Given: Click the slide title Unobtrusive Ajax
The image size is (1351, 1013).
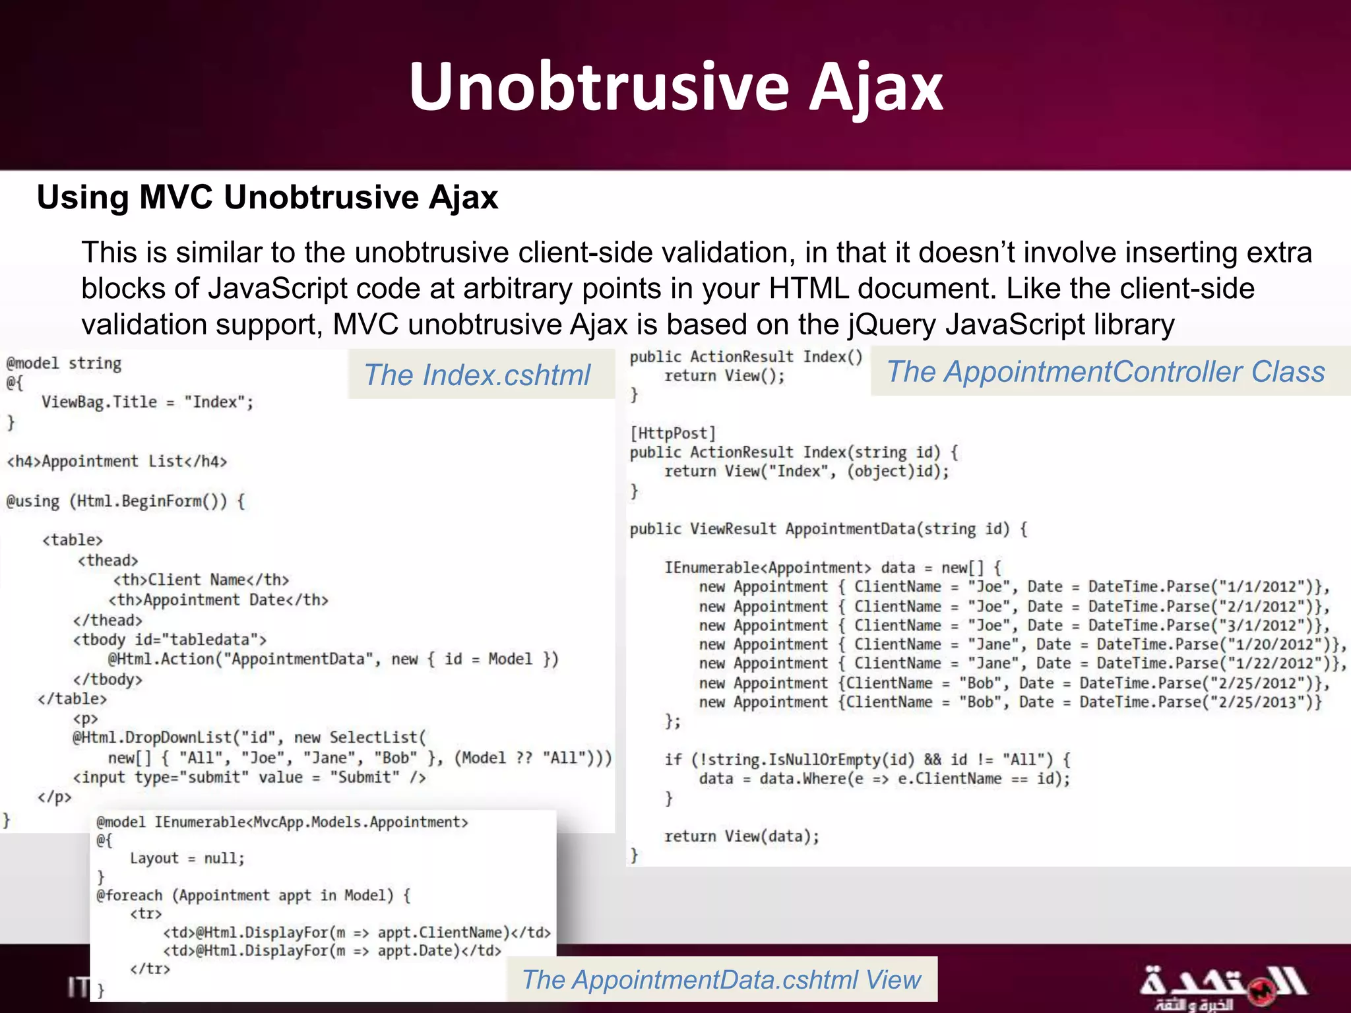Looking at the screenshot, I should pos(675,87).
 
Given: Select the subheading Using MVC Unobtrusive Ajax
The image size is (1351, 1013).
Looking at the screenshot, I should pos(267,197).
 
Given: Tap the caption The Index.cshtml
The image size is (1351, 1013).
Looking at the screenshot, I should pos(477,375).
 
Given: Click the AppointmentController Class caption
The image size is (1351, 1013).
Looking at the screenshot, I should pos(1106,371).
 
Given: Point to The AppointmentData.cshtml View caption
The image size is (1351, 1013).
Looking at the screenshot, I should pos(721,979).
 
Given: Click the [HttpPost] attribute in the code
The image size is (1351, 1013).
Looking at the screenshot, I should pos(672,433).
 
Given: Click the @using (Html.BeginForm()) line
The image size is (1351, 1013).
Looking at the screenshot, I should pos(125,501).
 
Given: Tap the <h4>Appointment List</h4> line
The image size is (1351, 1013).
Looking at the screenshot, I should pos(117,461).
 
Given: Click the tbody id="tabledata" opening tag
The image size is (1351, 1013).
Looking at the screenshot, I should pos(170,640).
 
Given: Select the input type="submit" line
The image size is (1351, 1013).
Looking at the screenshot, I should pos(249,778).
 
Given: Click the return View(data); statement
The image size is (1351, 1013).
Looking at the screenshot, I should pos(741,836).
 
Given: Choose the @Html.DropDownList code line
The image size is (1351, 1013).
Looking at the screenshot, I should pos(249,737).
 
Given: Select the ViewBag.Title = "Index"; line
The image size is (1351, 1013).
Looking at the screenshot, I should pos(147,402).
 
